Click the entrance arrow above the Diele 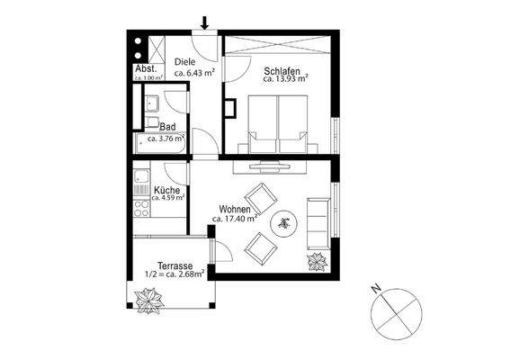click(x=206, y=22)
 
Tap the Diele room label click(x=185, y=61)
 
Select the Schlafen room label click(x=283, y=69)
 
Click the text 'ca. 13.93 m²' click(x=285, y=79)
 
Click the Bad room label click(x=167, y=128)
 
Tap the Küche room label click(x=166, y=190)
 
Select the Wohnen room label click(x=235, y=209)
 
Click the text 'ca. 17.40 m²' click(x=235, y=219)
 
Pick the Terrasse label click(x=175, y=265)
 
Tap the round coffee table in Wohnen click(x=285, y=223)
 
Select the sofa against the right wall click(x=318, y=222)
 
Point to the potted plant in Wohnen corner click(x=318, y=262)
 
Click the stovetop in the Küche click(x=140, y=210)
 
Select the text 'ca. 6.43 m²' click(x=193, y=72)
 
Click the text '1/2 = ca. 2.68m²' click(x=175, y=274)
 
